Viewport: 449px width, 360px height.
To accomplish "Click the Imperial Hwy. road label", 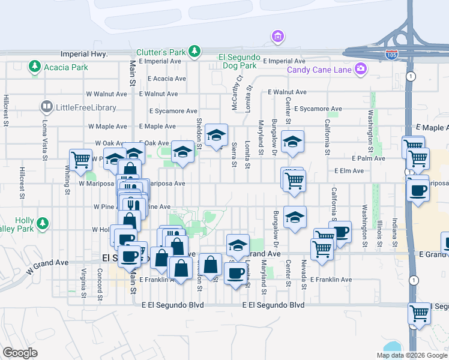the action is pyautogui.click(x=83, y=54).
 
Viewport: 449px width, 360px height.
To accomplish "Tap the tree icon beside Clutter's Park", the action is pyautogui.click(x=194, y=52).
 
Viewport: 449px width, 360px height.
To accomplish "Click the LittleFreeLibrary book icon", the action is pyautogui.click(x=46, y=107).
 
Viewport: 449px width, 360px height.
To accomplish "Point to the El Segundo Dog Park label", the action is pyautogui.click(x=238, y=61).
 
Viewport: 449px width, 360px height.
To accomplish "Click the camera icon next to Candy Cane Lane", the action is pyautogui.click(x=361, y=70).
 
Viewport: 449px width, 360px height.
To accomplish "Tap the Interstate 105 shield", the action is pyautogui.click(x=391, y=54).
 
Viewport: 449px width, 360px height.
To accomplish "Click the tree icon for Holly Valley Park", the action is pyautogui.click(x=42, y=224).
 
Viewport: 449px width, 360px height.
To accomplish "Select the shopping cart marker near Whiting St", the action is pyautogui.click(x=80, y=160).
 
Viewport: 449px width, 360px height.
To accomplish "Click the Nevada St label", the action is pyautogui.click(x=304, y=273).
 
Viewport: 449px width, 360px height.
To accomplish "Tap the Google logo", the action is pyautogui.click(x=20, y=353).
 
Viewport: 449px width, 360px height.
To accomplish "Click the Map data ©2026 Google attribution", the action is pyautogui.click(x=411, y=355).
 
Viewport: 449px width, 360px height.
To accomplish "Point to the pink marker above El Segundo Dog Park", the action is pyautogui.click(x=277, y=37).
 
